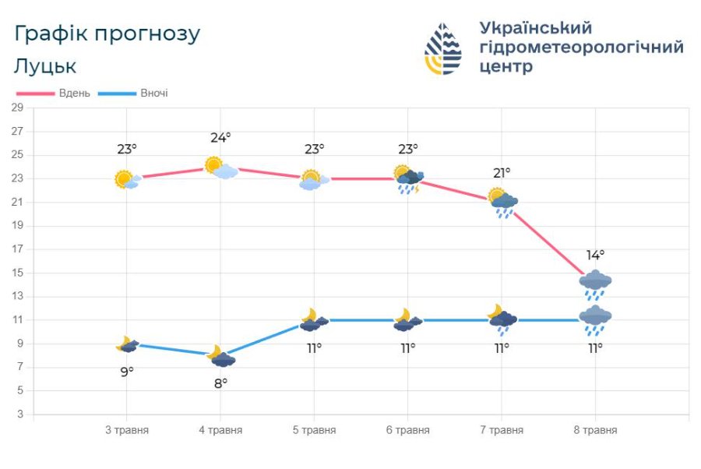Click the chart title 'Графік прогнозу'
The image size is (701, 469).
(107, 34)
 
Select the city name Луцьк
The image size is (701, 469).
(45, 66)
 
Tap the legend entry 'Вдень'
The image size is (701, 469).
(74, 93)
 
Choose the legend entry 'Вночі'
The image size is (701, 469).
(153, 93)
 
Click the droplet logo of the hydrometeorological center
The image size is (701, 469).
(442, 48)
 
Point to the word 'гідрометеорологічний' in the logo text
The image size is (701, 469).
(582, 48)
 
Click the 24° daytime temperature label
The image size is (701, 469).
(220, 138)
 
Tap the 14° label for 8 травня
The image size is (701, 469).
(595, 255)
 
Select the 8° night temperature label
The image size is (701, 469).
(220, 383)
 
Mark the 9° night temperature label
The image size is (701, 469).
(127, 372)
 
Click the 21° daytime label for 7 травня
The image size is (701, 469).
(502, 173)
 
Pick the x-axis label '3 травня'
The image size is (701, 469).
(127, 430)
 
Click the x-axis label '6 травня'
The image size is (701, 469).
(407, 430)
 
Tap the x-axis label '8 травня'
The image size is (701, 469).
(595, 430)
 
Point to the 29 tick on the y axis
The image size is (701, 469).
(17, 108)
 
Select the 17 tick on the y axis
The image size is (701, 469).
(17, 249)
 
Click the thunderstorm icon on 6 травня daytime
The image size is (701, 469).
(408, 180)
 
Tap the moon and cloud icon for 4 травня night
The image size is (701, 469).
(221, 357)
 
